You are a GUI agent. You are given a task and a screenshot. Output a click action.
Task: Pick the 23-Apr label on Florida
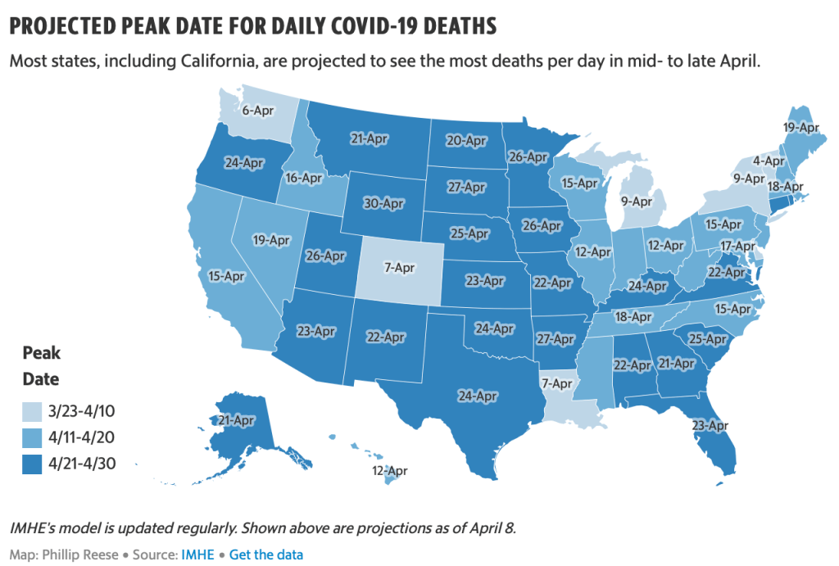pos(710,425)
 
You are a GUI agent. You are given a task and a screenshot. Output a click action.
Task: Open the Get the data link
pos(266,555)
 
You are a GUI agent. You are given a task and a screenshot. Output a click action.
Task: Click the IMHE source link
pos(197,555)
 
